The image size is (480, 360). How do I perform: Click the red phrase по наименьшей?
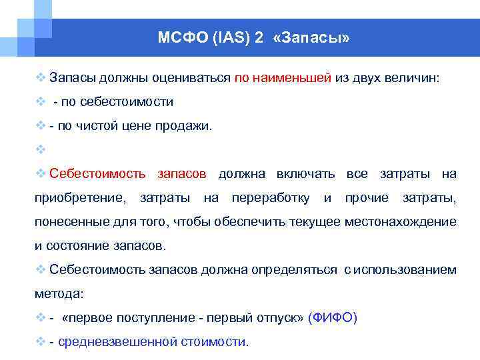[283, 77]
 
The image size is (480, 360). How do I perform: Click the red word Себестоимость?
[97, 174]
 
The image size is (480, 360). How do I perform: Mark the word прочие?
[367, 198]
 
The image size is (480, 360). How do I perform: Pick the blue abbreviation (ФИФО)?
[333, 318]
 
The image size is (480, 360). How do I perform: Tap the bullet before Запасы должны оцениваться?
[40, 77]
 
